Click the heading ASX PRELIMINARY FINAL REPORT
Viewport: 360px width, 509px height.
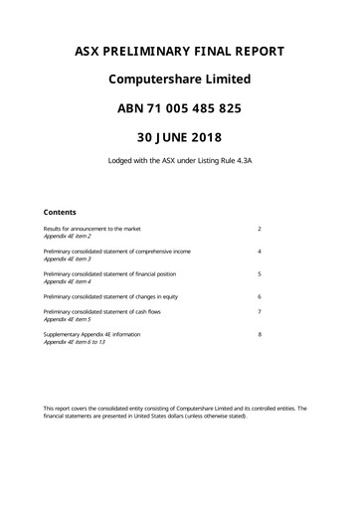pos(179,51)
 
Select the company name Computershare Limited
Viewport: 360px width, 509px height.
pos(179,79)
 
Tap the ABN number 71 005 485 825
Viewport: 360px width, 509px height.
pos(179,107)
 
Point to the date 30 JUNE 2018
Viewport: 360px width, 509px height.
pos(179,135)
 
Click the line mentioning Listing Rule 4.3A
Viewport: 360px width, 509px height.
pos(179,161)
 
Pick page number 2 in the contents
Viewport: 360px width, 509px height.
pos(259,229)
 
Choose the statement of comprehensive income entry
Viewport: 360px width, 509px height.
pos(116,252)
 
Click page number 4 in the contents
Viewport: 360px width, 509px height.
pos(259,252)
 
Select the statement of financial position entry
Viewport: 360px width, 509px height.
pos(109,273)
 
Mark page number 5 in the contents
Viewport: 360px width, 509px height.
pos(259,273)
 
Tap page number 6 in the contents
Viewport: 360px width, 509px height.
pos(259,296)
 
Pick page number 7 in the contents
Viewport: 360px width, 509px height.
pos(259,312)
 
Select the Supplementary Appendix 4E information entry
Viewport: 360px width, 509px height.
pos(91,335)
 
